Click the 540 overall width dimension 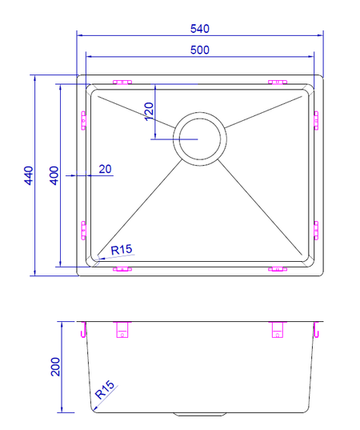[200, 29]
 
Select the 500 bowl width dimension [200, 50]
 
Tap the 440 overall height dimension [29, 175]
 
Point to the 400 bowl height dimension [54, 175]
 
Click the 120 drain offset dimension [150, 111]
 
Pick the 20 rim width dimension [105, 169]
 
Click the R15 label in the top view [122, 250]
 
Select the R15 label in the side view [104, 390]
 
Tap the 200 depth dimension [55, 367]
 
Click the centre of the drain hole [200, 139]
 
